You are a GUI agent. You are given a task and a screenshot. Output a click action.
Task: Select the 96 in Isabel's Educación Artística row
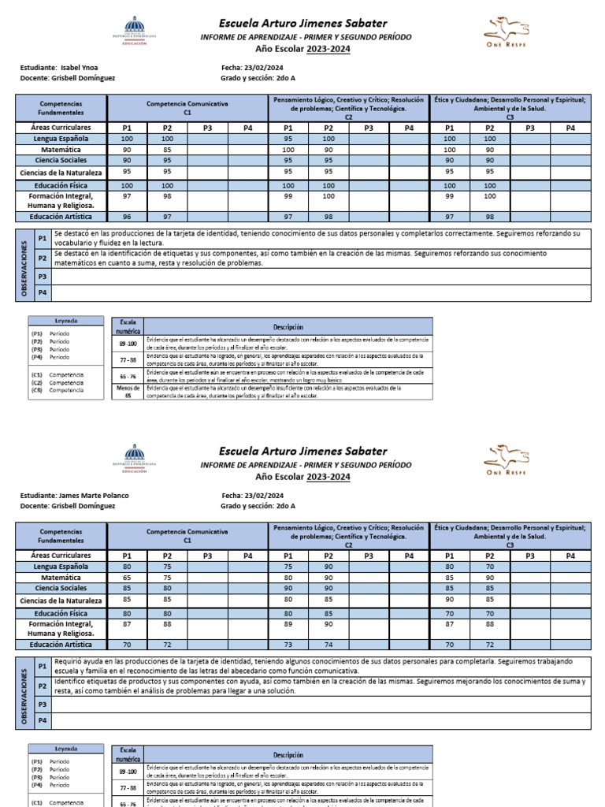point(127,217)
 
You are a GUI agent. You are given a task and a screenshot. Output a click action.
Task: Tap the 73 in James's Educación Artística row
point(288,645)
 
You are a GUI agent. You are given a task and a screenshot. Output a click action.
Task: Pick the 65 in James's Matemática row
point(127,577)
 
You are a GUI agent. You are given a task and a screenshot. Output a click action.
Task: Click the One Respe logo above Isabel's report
point(507,32)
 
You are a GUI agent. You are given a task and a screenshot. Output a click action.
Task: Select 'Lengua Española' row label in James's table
point(61,566)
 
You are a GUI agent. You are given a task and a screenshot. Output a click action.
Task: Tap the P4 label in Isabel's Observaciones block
point(43,292)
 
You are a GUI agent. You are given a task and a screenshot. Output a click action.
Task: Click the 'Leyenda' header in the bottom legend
point(65,749)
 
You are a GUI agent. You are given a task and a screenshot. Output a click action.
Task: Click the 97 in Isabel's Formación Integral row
point(127,195)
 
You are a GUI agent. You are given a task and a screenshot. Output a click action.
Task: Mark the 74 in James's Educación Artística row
point(328,645)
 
